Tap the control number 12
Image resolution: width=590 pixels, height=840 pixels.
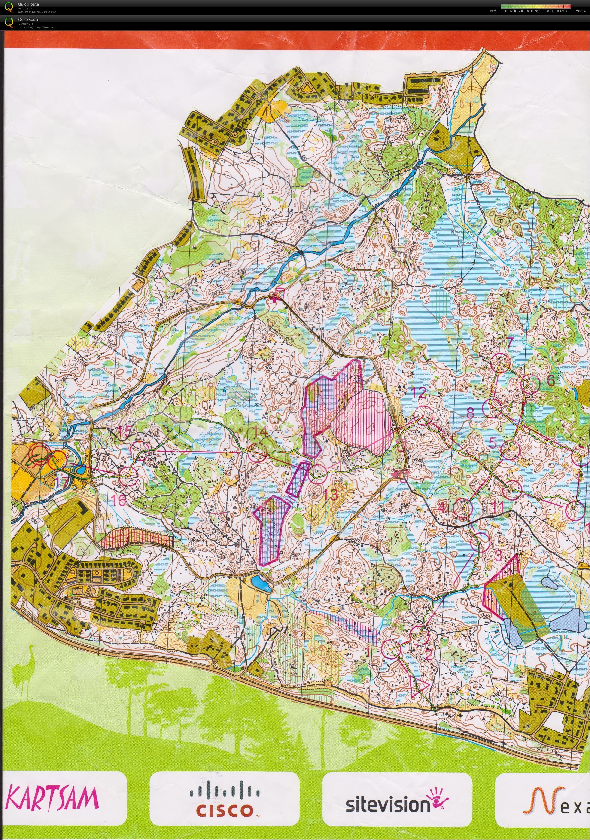click(x=418, y=393)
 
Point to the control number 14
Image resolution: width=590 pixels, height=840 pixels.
click(x=260, y=432)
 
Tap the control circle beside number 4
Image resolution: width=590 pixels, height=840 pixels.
click(x=462, y=508)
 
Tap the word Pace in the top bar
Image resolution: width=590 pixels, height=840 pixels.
click(x=493, y=11)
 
